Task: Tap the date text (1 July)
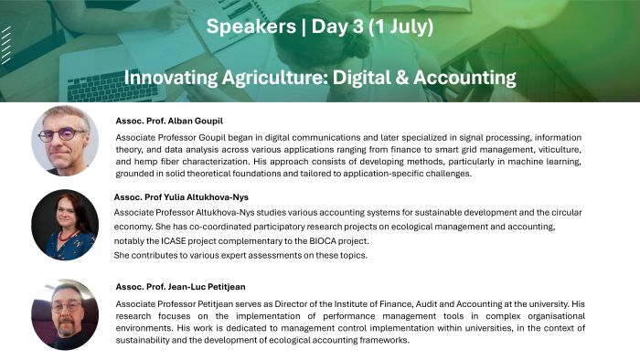pyautogui.click(x=395, y=26)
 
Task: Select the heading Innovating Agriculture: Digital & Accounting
pyautogui.click(x=319, y=76)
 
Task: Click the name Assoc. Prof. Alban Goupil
pyautogui.click(x=170, y=121)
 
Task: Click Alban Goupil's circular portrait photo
pyautogui.click(x=63, y=140)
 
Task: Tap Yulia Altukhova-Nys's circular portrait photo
pyautogui.click(x=64, y=225)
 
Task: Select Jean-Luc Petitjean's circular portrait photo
pyautogui.click(x=64, y=314)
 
